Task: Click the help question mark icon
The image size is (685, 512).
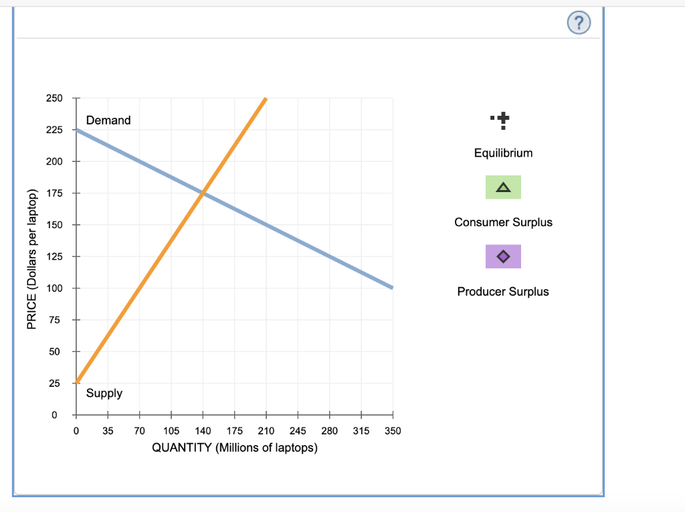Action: pyautogui.click(x=579, y=24)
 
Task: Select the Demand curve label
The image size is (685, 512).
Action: pyautogui.click(x=108, y=120)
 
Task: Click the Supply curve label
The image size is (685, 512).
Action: pyautogui.click(x=104, y=394)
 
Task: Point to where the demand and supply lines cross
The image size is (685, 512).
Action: pyautogui.click(x=203, y=193)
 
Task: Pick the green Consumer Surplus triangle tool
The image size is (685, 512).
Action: pyautogui.click(x=503, y=187)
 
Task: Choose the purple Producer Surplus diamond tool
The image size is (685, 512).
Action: pyautogui.click(x=503, y=256)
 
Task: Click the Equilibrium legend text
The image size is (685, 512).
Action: pyautogui.click(x=503, y=153)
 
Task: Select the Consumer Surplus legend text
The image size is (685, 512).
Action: pyautogui.click(x=503, y=222)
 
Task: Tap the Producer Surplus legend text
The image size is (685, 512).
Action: pyautogui.click(x=503, y=292)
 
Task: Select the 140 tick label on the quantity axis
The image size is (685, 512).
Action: pyautogui.click(x=203, y=430)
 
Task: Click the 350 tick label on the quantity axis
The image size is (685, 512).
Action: pyautogui.click(x=393, y=430)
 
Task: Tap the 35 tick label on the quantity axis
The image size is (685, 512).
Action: pyautogui.click(x=108, y=430)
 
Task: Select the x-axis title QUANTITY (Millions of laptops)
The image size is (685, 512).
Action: pyautogui.click(x=235, y=448)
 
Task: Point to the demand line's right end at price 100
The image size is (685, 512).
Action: pyautogui.click(x=391, y=288)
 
